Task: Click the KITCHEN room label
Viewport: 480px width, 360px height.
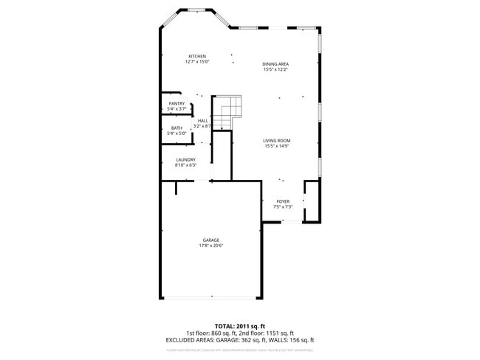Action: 196,57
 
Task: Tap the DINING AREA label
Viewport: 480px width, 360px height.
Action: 275,64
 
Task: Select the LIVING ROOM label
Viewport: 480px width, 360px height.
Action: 277,140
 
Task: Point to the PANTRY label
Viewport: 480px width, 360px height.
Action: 176,103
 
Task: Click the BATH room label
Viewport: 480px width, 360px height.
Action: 176,128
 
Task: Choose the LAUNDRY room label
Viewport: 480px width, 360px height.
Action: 185,159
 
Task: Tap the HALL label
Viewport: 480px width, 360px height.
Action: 202,120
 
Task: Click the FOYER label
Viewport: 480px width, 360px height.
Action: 283,201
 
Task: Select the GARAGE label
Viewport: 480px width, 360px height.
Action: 211,240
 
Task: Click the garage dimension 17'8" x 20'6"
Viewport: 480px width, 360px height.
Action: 211,246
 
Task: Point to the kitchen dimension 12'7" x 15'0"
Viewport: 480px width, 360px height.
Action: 197,62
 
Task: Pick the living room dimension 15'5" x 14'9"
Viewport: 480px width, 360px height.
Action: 277,146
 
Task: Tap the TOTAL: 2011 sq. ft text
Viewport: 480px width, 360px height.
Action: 240,325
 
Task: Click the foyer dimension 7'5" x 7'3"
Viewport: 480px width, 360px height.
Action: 283,207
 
